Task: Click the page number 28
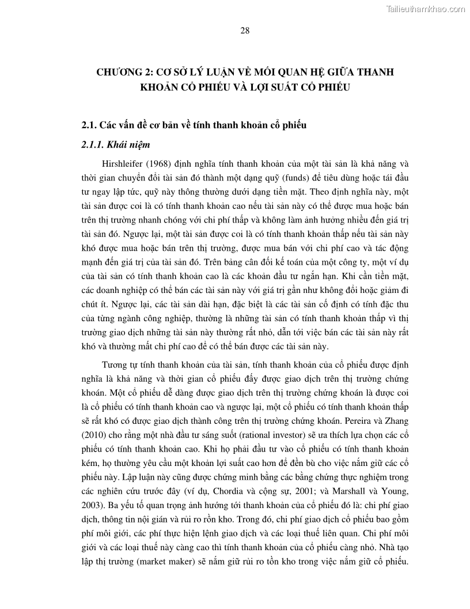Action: coord(244,31)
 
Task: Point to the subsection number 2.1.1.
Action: coord(93,145)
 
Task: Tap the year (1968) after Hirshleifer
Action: coord(165,163)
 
